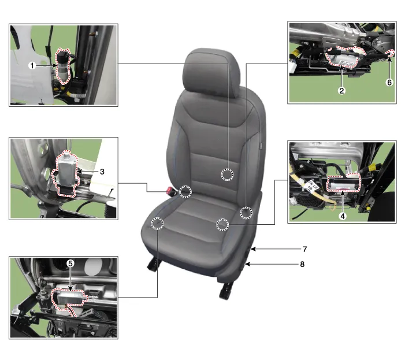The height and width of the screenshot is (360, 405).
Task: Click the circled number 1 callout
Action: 32,66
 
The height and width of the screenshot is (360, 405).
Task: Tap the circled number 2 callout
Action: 341,91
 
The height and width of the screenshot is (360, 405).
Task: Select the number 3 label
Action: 102,172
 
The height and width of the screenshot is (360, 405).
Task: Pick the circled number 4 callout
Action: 343,216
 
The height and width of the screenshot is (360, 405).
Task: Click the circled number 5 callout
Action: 70,263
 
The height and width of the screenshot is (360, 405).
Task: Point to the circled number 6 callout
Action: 389,83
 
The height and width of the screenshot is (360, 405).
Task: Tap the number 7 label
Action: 305,249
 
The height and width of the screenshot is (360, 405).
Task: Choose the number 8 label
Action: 302,264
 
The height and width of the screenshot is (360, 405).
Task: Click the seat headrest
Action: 211,73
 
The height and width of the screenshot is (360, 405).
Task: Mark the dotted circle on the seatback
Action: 227,175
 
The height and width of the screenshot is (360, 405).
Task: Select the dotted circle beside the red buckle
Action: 185,192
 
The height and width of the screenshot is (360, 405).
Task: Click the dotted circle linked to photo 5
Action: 157,224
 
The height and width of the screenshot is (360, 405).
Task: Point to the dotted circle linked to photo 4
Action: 222,224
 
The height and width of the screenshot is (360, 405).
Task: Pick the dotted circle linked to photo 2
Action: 246,213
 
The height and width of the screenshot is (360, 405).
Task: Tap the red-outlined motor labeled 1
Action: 63,66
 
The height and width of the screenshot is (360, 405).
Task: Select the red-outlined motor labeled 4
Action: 343,183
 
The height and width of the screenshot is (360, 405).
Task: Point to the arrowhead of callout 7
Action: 253,249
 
